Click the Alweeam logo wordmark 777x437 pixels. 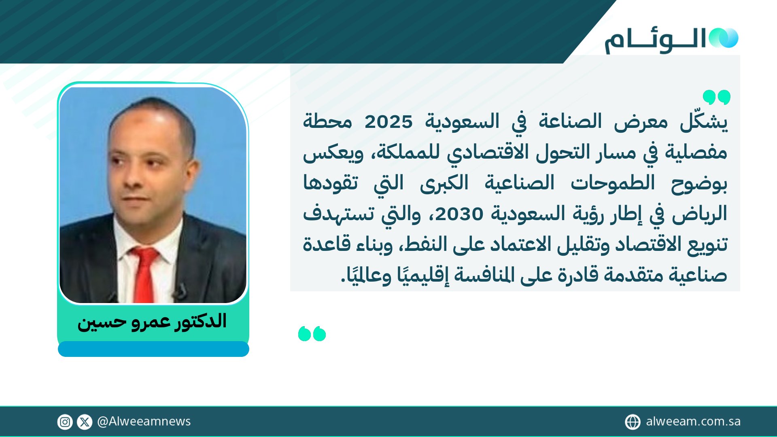tap(655, 41)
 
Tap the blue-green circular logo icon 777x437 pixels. tap(723, 38)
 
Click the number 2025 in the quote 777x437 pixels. tap(388, 122)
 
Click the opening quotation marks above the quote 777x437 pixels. tap(716, 97)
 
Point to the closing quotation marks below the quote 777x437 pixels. tap(312, 334)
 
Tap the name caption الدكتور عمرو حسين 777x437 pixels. tap(152, 322)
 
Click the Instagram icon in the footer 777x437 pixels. tap(65, 422)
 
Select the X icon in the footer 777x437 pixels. tap(85, 422)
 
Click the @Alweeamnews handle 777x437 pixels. tap(144, 422)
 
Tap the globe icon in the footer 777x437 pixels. tap(633, 422)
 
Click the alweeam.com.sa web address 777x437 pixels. tap(693, 422)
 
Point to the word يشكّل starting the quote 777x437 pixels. tap(704, 122)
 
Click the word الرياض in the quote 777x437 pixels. tap(700, 214)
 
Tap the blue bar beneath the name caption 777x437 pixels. tap(153, 349)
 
